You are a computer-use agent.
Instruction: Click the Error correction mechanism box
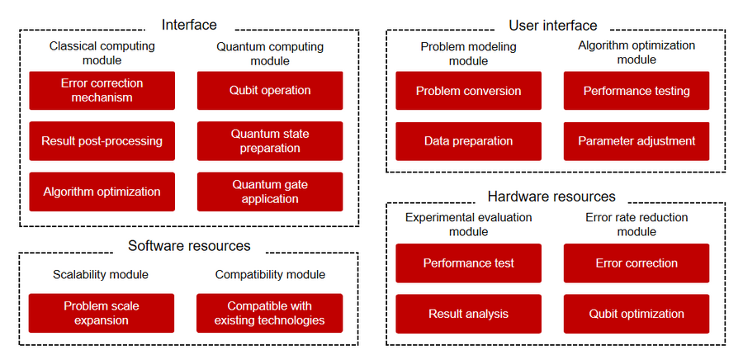pyautogui.click(x=102, y=91)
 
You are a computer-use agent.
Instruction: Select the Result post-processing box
pyautogui.click(x=102, y=141)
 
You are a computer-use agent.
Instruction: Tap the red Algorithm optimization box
pyautogui.click(x=102, y=192)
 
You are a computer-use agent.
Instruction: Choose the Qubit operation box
pyautogui.click(x=270, y=91)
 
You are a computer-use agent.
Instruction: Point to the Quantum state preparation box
pyautogui.click(x=270, y=141)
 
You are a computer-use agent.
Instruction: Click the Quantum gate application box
pyautogui.click(x=270, y=192)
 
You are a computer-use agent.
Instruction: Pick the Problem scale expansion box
pyautogui.click(x=102, y=313)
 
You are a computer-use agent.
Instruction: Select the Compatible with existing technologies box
pyautogui.click(x=270, y=313)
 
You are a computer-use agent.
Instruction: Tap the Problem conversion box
pyautogui.click(x=469, y=91)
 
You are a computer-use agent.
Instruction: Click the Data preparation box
pyautogui.click(x=469, y=141)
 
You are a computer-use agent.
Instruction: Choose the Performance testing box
pyautogui.click(x=637, y=91)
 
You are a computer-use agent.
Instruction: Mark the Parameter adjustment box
pyautogui.click(x=637, y=141)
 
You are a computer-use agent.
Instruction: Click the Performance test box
pyautogui.click(x=469, y=263)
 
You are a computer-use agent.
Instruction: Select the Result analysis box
pyautogui.click(x=469, y=314)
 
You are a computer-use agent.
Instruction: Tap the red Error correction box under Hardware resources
pyautogui.click(x=637, y=263)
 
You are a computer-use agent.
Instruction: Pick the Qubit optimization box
pyautogui.click(x=637, y=314)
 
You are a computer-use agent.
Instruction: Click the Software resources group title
pyautogui.click(x=189, y=246)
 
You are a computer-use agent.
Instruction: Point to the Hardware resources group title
pyautogui.click(x=551, y=197)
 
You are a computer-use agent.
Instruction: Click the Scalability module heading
pyautogui.click(x=101, y=275)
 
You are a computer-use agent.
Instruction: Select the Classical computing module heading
pyautogui.click(x=102, y=53)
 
